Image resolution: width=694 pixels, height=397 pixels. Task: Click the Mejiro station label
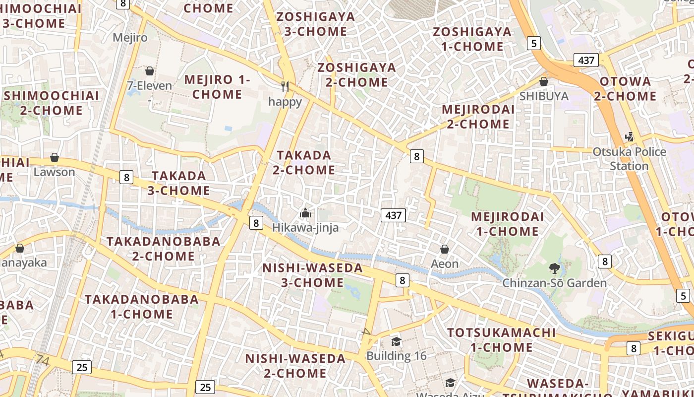[x=130, y=37]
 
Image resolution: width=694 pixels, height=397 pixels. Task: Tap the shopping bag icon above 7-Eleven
[x=149, y=71]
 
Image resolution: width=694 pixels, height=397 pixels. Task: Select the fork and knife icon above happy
[x=285, y=87]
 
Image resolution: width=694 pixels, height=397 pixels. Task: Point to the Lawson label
[x=55, y=172]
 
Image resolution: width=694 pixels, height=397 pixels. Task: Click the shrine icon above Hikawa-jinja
[x=305, y=213]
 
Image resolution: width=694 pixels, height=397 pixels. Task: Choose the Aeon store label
[x=445, y=264]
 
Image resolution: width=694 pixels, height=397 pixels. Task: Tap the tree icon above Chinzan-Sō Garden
[x=554, y=269]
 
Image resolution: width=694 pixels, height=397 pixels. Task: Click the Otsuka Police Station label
[x=630, y=159]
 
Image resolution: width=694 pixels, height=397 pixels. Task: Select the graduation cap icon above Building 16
[x=396, y=341]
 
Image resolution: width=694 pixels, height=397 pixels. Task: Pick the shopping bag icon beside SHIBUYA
[x=544, y=81]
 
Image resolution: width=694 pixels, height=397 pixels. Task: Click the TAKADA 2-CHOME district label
[x=304, y=162]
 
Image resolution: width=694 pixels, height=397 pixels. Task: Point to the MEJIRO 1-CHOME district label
[x=218, y=87]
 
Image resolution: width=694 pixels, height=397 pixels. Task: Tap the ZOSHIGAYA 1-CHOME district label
[x=472, y=39]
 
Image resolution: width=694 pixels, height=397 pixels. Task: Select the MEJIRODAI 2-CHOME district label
[x=478, y=117]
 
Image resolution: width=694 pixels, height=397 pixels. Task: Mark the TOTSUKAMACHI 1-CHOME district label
[x=501, y=340]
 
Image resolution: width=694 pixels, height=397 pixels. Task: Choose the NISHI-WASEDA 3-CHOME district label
[x=313, y=275]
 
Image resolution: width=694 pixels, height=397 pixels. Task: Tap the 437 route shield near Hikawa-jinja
[x=393, y=215]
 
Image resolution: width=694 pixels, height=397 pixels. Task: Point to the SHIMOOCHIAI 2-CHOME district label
[x=52, y=103]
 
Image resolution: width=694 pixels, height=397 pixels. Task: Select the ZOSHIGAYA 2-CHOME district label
[x=357, y=75]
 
